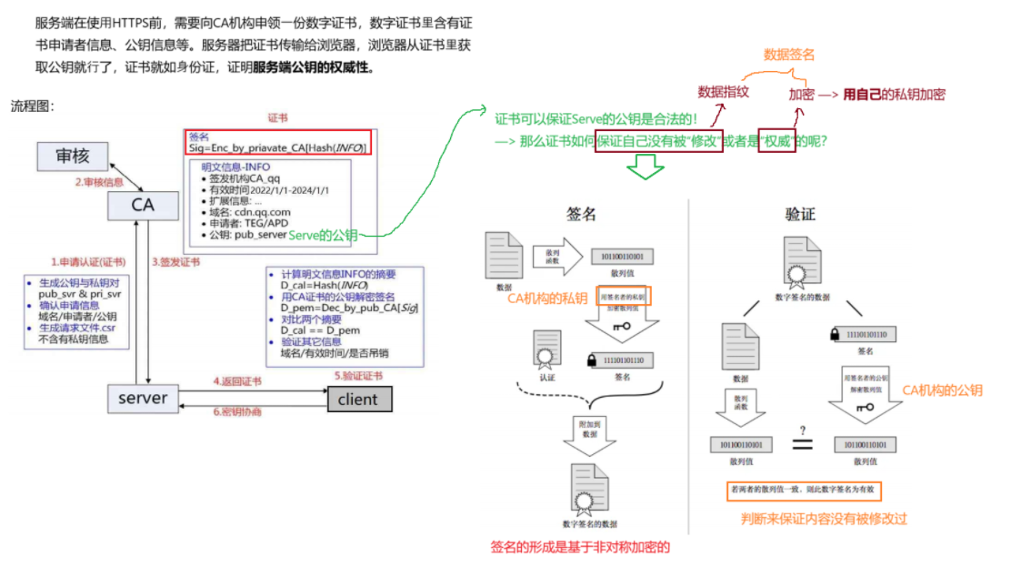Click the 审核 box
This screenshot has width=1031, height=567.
[72, 156]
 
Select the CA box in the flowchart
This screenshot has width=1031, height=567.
[142, 206]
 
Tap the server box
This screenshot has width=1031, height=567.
[143, 398]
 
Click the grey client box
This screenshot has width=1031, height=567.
[358, 400]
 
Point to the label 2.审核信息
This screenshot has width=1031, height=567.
[99, 182]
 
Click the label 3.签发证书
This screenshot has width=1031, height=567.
[175, 261]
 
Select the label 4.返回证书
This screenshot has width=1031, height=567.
[237, 380]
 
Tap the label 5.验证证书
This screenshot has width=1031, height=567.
[357, 375]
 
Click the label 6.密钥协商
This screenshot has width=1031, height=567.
[237, 411]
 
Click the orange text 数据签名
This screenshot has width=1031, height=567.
[788, 56]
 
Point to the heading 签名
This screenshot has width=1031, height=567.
[581, 214]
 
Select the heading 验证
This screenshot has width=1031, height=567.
[800, 214]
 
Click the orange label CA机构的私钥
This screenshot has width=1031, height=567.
[549, 298]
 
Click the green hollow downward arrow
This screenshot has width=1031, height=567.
[646, 167]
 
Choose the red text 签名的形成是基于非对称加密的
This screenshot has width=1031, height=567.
[580, 547]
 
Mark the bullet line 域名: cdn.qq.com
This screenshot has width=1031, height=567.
[244, 212]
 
